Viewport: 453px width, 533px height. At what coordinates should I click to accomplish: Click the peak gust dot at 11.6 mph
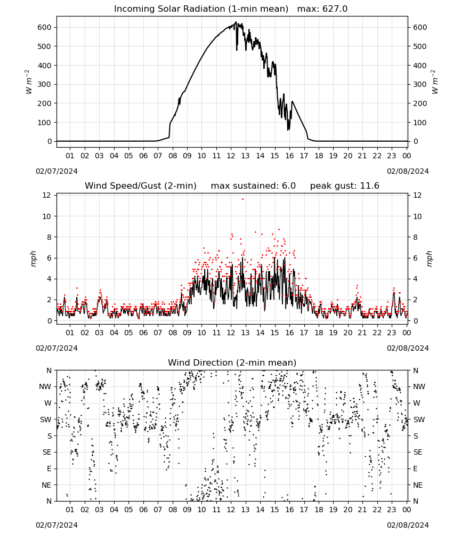click(x=242, y=199)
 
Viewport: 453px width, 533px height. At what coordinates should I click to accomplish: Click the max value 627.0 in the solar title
click(x=335, y=9)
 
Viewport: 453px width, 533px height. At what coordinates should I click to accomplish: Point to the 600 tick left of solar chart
click(x=45, y=27)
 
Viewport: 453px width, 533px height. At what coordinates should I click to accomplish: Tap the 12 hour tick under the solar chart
click(x=231, y=156)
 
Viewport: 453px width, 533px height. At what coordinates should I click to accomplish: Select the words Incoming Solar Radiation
click(x=169, y=9)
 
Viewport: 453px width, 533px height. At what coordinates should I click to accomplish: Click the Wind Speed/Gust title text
click(x=140, y=186)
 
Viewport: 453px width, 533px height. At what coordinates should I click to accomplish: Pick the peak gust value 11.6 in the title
click(x=370, y=186)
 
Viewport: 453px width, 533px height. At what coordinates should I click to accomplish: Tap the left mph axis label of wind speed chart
click(x=33, y=259)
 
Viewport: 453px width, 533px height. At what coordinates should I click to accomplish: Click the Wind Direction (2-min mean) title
click(x=232, y=362)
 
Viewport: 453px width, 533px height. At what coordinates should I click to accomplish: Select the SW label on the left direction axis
click(x=46, y=419)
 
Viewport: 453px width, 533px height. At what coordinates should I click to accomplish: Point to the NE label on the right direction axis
click(x=418, y=485)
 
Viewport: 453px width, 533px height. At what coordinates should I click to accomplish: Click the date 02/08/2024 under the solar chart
click(x=408, y=171)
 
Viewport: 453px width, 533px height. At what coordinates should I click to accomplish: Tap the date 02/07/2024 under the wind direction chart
click(x=56, y=525)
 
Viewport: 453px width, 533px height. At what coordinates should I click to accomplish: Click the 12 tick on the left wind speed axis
click(x=46, y=195)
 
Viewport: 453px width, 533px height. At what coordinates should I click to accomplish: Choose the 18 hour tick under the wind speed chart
click(x=319, y=333)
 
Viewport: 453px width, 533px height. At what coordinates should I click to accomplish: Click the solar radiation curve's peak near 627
click(x=236, y=22)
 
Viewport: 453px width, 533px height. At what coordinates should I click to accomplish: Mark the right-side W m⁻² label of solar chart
click(x=435, y=82)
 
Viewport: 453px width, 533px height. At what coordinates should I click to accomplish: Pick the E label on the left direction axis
click(x=49, y=469)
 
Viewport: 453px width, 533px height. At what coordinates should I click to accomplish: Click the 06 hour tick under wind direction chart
click(x=143, y=510)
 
